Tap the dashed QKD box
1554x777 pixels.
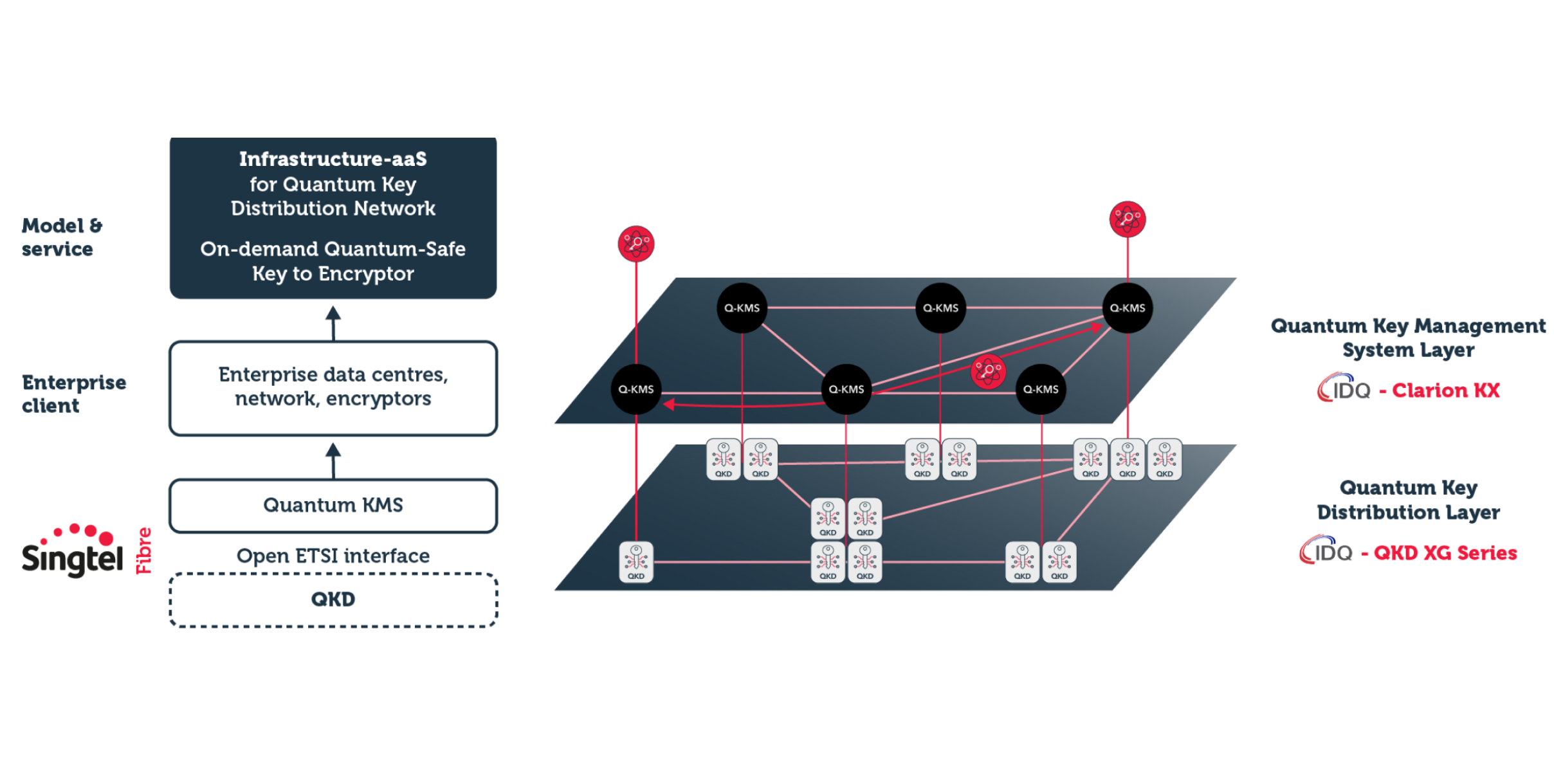pos(333,599)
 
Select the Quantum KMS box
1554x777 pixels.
pos(333,506)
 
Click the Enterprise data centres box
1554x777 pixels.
pos(333,388)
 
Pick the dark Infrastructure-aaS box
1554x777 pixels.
pos(333,217)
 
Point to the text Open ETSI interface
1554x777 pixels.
pos(333,556)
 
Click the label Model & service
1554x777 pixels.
pos(61,237)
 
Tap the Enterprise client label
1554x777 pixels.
pos(73,394)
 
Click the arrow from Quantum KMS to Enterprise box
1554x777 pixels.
pos(333,460)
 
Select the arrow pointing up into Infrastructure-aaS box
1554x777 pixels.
pos(333,322)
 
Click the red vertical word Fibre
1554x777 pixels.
pos(143,551)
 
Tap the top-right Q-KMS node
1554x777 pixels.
pos(1127,308)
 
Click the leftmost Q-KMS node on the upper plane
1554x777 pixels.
pos(635,389)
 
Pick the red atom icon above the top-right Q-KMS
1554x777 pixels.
pos(1127,219)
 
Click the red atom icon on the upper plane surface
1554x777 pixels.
pos(988,371)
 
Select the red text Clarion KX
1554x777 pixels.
pos(1445,390)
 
